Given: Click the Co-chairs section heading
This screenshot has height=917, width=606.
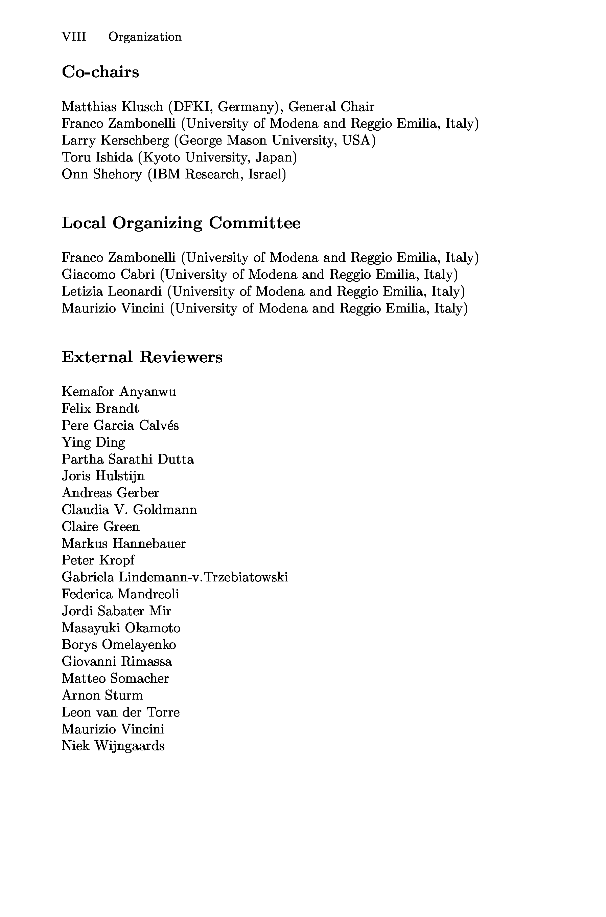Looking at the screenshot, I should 100,72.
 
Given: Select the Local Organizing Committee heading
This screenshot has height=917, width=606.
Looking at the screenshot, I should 181,223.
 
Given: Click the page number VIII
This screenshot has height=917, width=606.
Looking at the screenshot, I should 74,37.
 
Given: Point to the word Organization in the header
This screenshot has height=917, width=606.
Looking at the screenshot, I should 145,37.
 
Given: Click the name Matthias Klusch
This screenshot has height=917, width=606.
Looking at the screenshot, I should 112,106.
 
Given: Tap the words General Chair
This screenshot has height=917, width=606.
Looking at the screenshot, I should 331,106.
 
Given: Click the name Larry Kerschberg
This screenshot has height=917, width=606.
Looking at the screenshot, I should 115,141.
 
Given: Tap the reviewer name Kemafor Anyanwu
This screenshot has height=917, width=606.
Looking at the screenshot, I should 119,391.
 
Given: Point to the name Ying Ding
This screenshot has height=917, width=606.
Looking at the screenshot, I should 93,442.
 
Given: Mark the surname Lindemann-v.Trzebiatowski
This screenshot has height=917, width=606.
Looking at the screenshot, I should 203,577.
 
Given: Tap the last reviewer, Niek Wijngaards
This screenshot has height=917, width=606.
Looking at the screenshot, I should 113,746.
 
